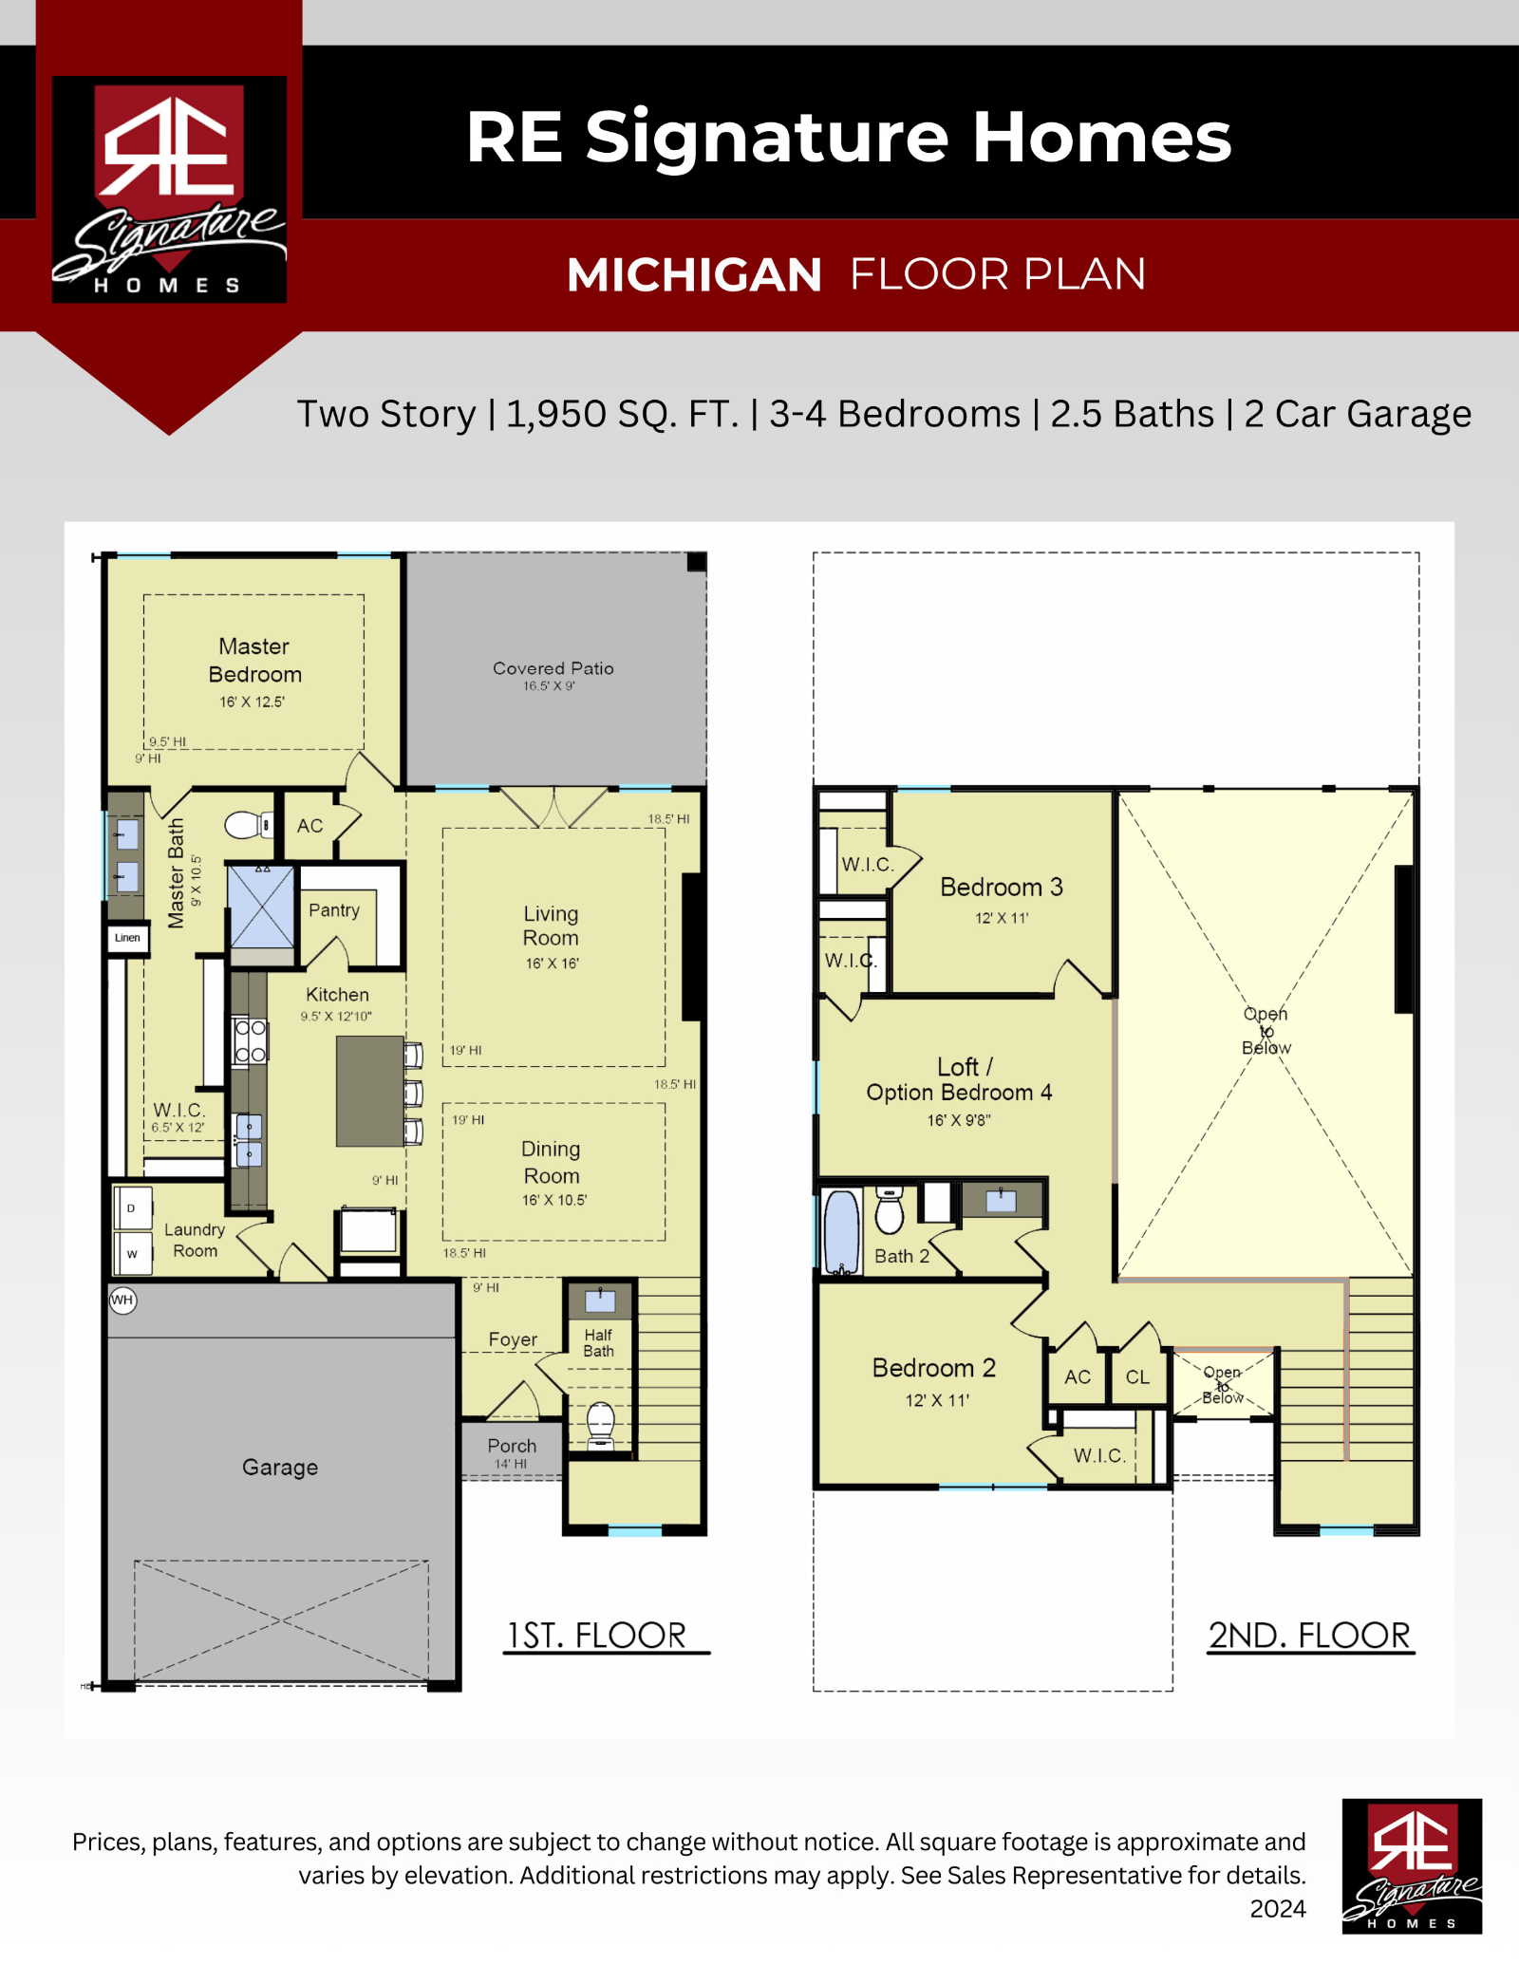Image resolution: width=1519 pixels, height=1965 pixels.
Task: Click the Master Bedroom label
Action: [x=254, y=660]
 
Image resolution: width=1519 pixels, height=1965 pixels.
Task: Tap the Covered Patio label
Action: [x=553, y=668]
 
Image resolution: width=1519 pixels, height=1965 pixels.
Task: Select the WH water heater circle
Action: [x=122, y=1300]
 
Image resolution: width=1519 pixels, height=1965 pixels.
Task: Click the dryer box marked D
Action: [x=132, y=1208]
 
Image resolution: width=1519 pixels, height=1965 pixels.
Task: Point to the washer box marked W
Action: [x=132, y=1253]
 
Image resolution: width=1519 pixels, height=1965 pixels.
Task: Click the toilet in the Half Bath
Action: [x=600, y=1424]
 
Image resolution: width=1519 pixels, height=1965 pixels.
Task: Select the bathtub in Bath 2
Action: [x=841, y=1231]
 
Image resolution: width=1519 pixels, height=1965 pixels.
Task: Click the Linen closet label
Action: [x=127, y=938]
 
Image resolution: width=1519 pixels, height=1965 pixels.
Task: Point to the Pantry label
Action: [x=334, y=910]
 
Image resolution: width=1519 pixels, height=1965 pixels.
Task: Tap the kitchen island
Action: [x=370, y=1091]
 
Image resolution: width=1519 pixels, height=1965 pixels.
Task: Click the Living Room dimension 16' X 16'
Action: [x=553, y=964]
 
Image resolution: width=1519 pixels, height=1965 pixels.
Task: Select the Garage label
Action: [x=280, y=1468]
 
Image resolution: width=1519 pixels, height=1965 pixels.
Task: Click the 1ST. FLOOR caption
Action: [x=596, y=1636]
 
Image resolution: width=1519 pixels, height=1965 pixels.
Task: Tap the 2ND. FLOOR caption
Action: [x=1310, y=1636]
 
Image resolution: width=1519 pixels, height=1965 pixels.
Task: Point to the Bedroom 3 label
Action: [x=1002, y=887]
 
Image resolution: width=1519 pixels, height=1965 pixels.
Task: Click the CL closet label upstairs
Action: [x=1137, y=1377]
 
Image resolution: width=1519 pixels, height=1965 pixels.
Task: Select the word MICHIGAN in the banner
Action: [x=694, y=275]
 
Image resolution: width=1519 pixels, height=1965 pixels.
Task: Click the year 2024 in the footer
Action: [x=1278, y=1909]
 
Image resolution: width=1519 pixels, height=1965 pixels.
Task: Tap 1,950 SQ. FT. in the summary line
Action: [x=622, y=415]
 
